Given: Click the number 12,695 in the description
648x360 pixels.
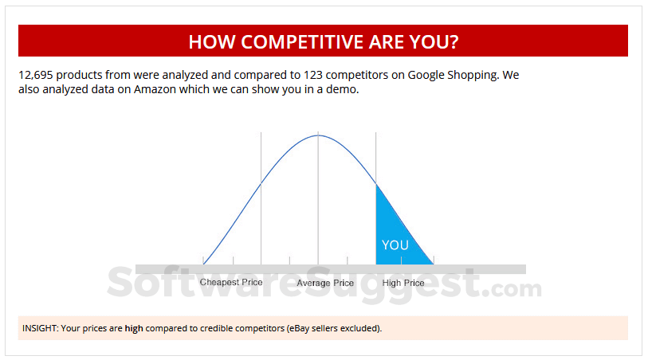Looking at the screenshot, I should (36, 76).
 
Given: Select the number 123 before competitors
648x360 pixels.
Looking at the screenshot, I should (312, 76).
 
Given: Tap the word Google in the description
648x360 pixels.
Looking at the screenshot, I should (429, 76).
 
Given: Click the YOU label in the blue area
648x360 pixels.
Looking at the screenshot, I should (395, 245).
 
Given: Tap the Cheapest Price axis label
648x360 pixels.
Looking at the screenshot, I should (231, 283).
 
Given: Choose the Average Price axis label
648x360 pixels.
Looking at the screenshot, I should (325, 283).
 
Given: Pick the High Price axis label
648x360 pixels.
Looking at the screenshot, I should (403, 283).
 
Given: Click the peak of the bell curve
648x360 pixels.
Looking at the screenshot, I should (318, 135).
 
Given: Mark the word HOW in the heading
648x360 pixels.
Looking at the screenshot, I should (211, 41).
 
